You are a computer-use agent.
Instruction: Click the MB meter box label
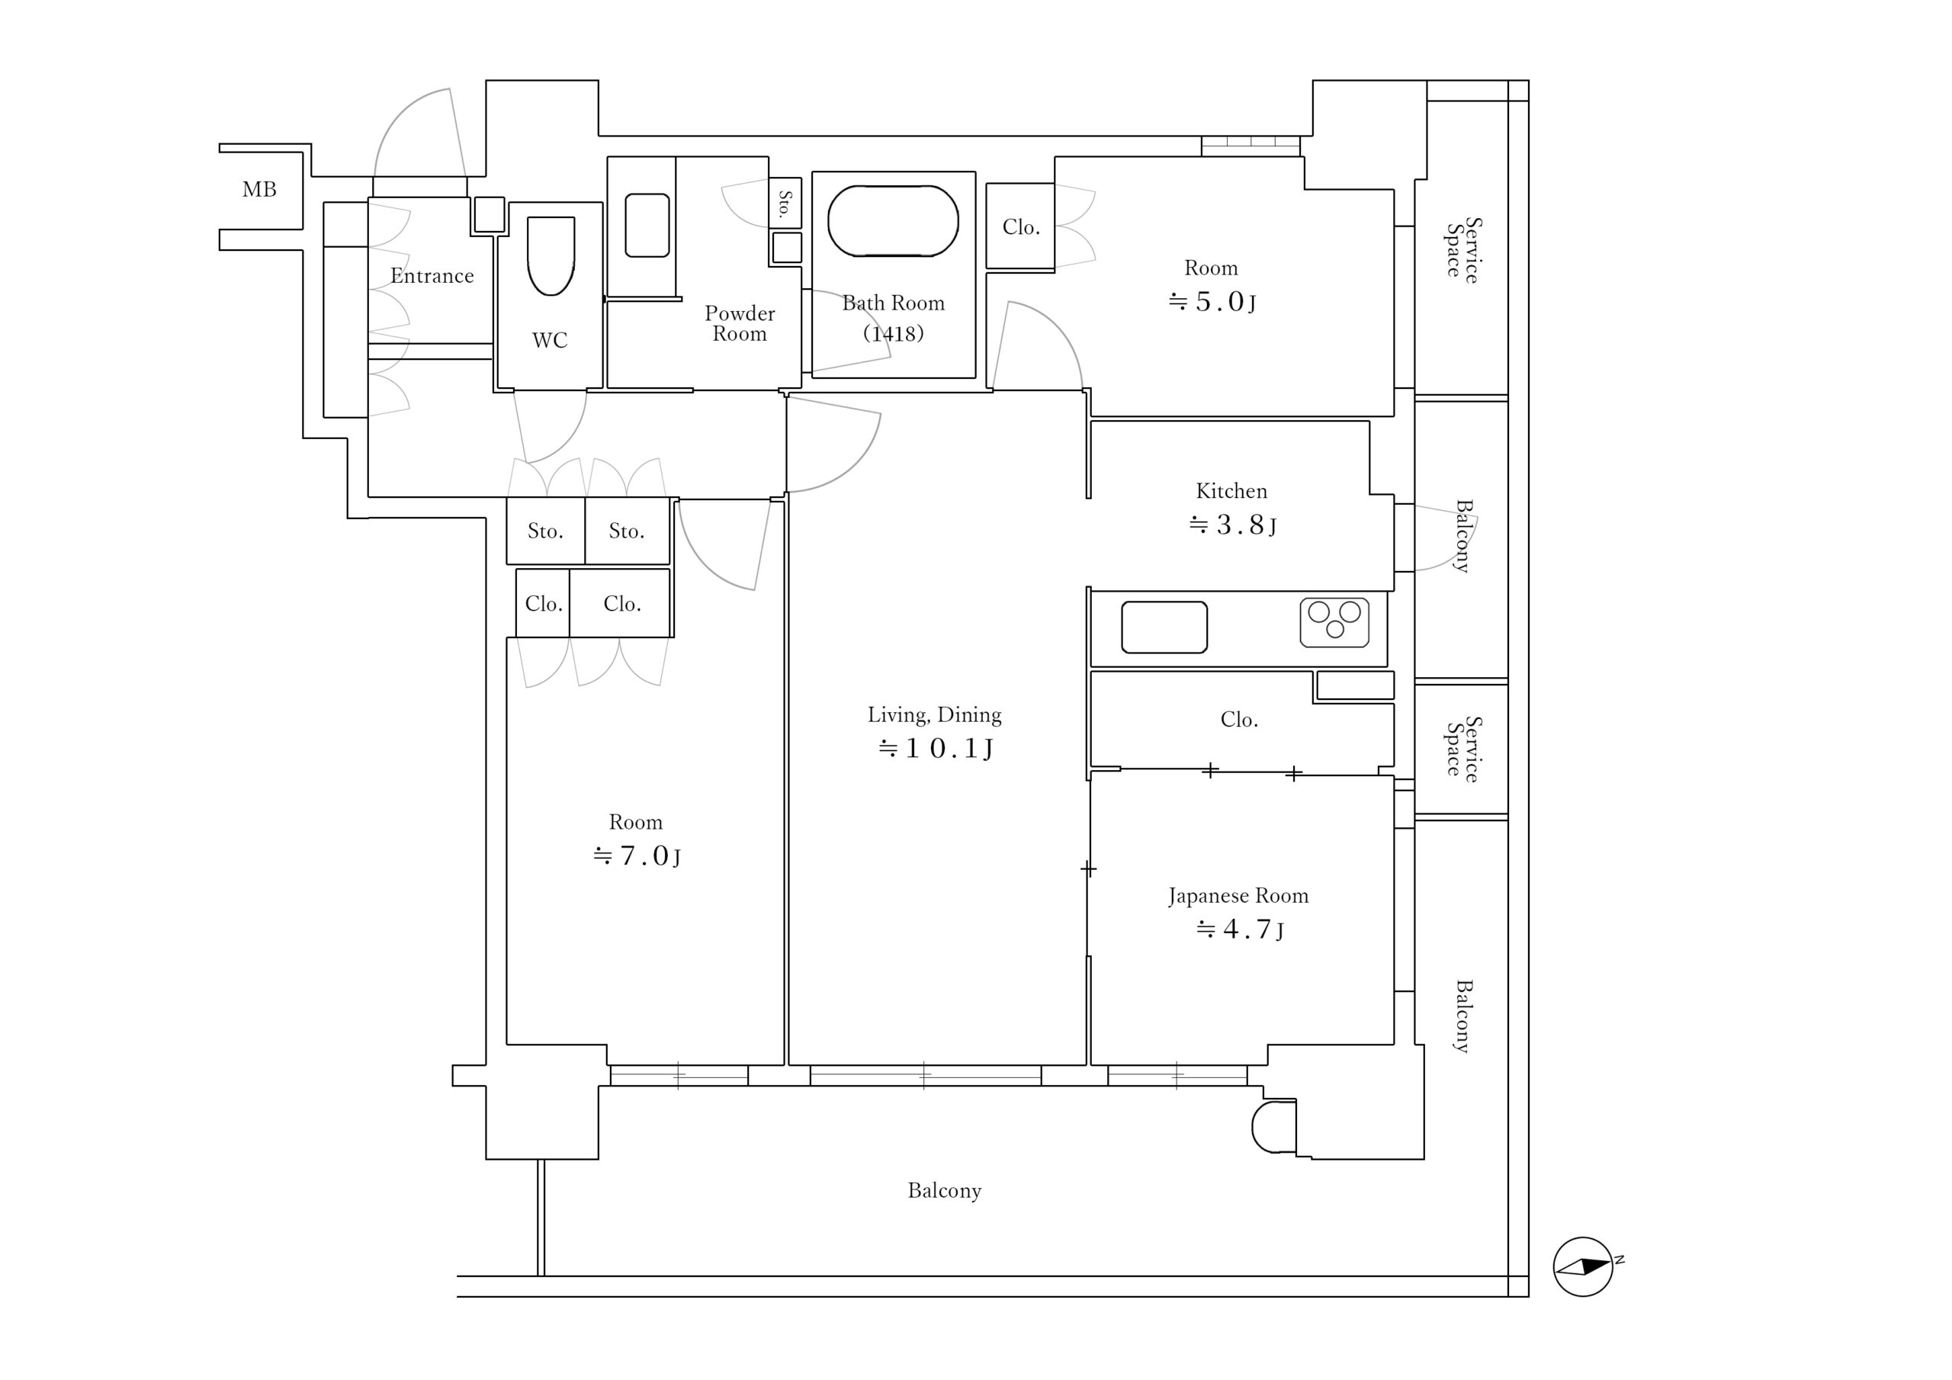pos(259,190)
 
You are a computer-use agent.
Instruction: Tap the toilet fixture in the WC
pos(551,256)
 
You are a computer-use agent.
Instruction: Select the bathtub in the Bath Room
pos(893,221)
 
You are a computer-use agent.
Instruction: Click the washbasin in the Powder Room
pos(647,226)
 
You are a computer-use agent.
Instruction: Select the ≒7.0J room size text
pos(637,855)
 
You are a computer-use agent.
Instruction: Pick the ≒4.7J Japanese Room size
pos(1240,929)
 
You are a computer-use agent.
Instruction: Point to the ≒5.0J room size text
pos(1212,302)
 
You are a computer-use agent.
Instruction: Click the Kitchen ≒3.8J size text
pos(1232,525)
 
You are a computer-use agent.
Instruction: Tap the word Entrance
pos(432,275)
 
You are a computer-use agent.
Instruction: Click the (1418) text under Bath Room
pos(894,332)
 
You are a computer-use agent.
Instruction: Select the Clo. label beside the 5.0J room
pos(1021,227)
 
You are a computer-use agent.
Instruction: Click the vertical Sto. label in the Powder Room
pos(785,204)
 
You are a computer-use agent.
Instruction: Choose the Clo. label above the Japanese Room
pos(1240,719)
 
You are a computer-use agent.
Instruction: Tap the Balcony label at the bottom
pos(945,1191)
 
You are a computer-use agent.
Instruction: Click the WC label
pos(550,340)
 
